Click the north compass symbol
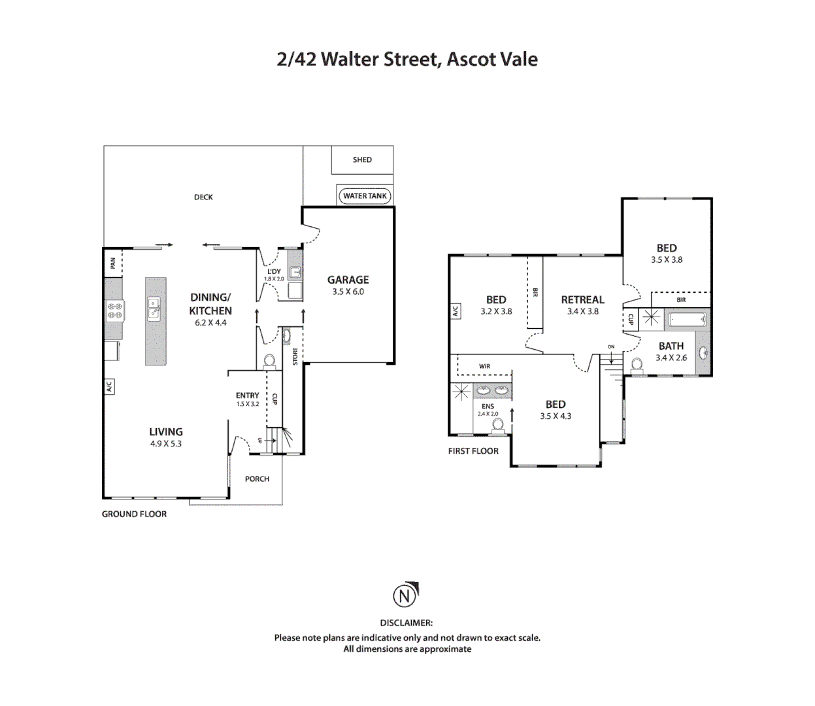405,596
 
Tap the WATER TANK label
365,195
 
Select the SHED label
362,160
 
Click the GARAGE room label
348,280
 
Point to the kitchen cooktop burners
115,311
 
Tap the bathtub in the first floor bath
686,320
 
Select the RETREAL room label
582,300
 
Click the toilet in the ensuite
498,425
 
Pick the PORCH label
257,479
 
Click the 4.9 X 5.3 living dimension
166,444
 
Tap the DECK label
203,197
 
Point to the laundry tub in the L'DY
295,273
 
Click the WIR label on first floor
484,366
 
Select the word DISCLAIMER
407,623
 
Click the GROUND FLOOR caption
134,514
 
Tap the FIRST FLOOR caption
473,451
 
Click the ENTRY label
247,395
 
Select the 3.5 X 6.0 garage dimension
348,292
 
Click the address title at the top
407,59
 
